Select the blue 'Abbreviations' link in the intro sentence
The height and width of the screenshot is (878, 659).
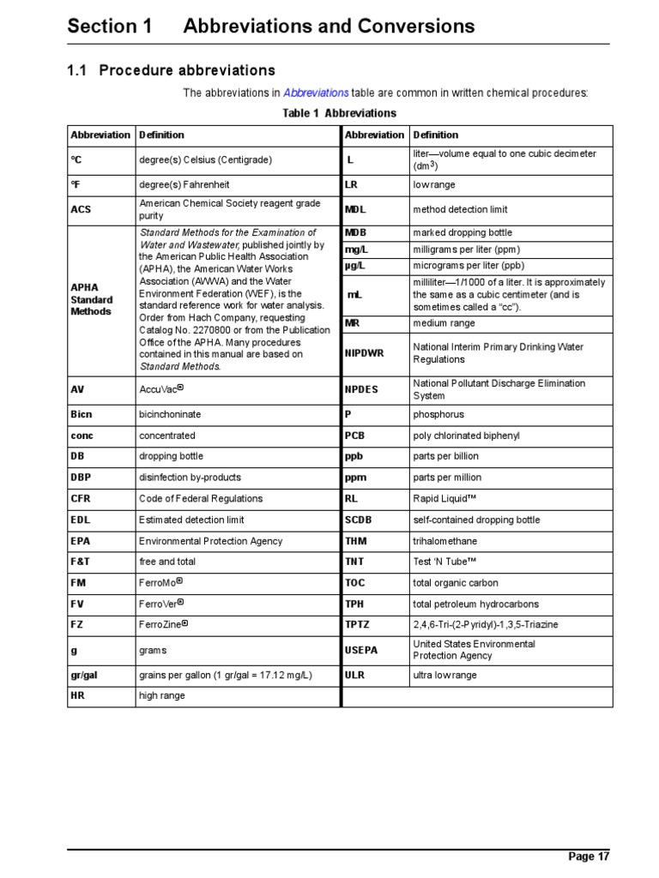pos(316,93)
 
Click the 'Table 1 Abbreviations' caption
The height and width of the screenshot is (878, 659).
pos(340,113)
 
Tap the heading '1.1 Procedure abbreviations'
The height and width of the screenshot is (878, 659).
pos(172,70)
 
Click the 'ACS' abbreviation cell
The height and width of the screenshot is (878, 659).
pos(82,210)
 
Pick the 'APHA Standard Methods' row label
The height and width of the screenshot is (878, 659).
pos(91,299)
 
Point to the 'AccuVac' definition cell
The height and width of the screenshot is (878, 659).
pos(161,389)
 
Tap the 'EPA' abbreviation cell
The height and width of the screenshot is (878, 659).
pos(81,541)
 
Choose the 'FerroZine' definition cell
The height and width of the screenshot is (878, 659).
pos(163,625)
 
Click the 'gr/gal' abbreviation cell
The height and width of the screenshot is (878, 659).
pos(84,675)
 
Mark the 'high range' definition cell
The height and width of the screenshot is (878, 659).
pos(162,696)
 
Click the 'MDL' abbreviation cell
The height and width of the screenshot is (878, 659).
pos(355,209)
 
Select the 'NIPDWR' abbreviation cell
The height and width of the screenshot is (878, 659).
pos(365,352)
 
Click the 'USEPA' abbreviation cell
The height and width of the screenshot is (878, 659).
pos(361,650)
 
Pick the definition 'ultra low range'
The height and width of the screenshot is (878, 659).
pos(444,675)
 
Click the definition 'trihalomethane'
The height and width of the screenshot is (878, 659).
pos(445,541)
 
